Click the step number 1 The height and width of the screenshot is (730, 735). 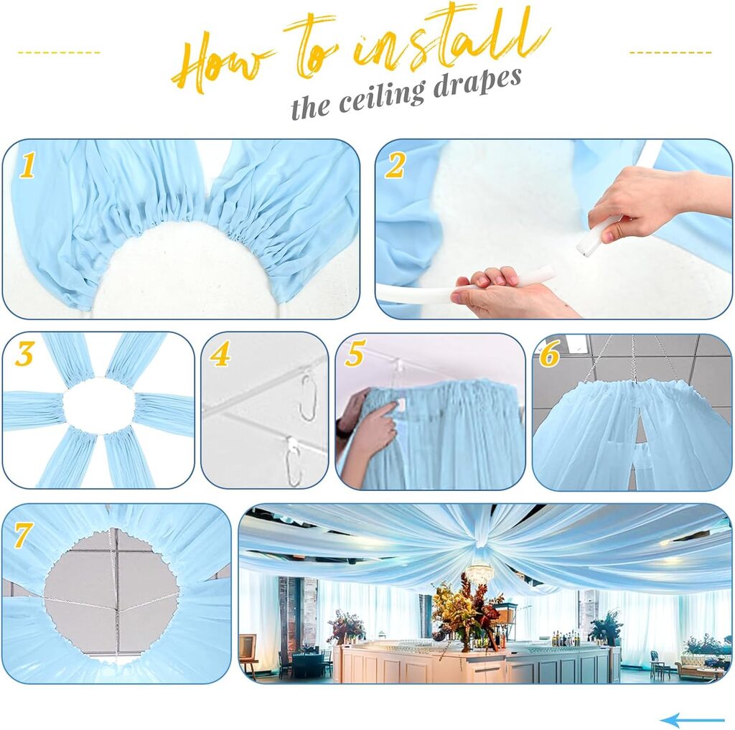pos(27,166)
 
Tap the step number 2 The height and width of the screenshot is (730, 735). pos(395,166)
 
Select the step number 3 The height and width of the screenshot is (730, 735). pos(24,354)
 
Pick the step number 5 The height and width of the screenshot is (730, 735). pos(355,353)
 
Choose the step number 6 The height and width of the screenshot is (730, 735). pos(549,354)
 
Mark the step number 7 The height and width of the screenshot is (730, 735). pos(23,535)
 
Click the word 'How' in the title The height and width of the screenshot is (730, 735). pos(220,63)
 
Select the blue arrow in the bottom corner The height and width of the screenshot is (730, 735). pos(692,720)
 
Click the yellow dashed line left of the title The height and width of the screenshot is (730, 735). pos(59,52)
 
